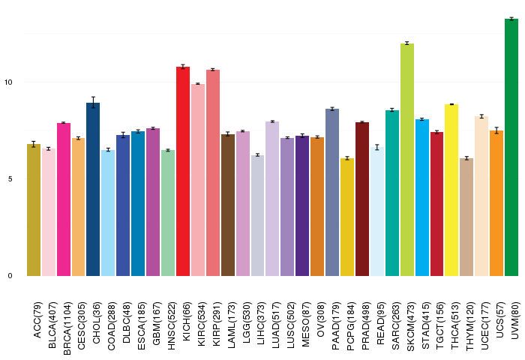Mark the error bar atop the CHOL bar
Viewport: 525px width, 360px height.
[93, 103]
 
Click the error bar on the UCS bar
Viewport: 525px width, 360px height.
[496, 130]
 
